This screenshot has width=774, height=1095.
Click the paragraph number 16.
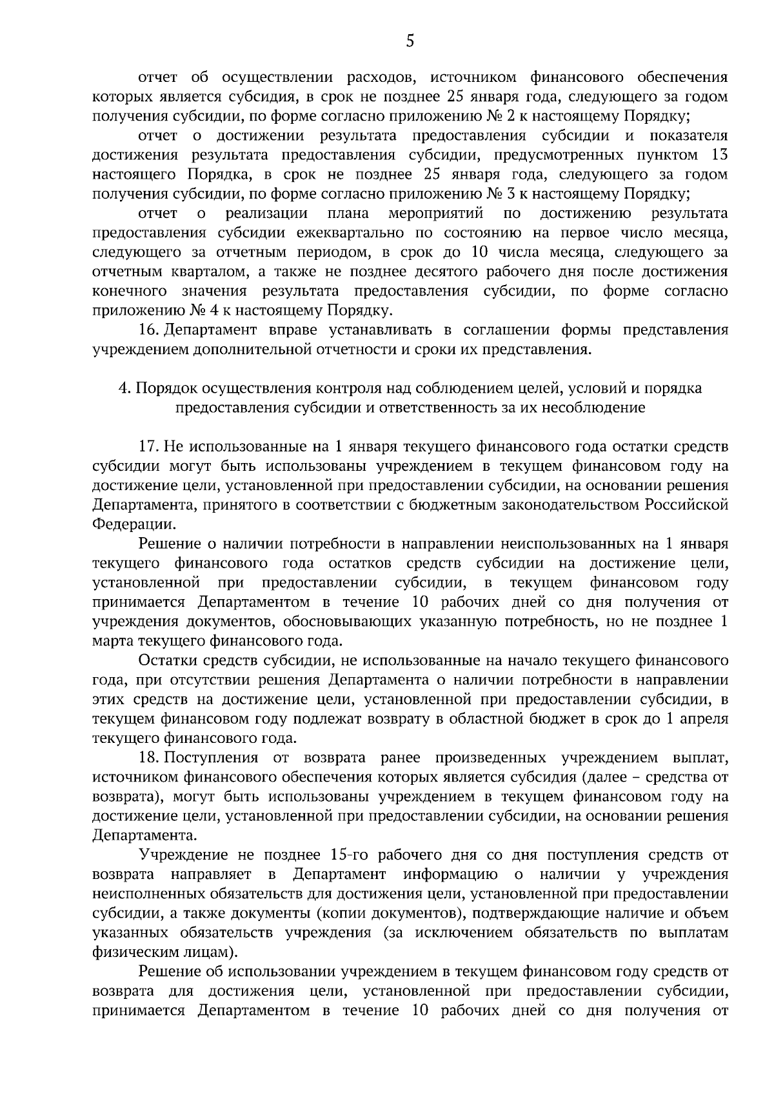pyautogui.click(x=149, y=330)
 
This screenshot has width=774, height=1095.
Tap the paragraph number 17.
pyautogui.click(x=149, y=446)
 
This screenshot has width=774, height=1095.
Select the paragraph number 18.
pyautogui.click(x=149, y=757)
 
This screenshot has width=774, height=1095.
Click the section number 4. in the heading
pyautogui.click(x=124, y=388)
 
